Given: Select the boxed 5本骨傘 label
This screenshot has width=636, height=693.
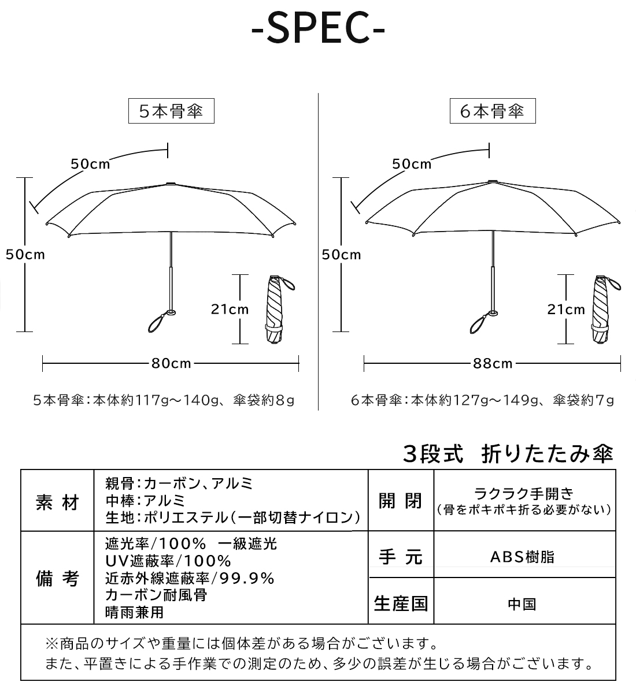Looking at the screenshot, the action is [x=171, y=111].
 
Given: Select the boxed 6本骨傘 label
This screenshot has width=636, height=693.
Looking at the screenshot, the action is [x=493, y=111].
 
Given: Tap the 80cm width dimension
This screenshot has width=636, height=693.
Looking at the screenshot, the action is [x=171, y=363].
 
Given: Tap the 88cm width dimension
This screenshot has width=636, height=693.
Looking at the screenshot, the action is [x=493, y=363].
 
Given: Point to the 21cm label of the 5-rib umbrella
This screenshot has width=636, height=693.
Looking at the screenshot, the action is [x=230, y=309].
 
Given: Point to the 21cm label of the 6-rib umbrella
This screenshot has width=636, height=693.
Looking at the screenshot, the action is [x=566, y=309].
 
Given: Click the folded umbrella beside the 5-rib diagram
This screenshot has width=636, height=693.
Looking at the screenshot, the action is [x=279, y=308].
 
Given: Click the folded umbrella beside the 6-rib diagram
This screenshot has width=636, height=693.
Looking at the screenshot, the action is [x=605, y=308].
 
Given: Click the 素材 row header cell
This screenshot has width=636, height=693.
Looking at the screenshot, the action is [x=57, y=502].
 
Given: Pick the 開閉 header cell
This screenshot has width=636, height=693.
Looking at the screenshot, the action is [x=401, y=501].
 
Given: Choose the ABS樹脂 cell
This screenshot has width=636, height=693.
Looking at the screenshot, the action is [x=524, y=557].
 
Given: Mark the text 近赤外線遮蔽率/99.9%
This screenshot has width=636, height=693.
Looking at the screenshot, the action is [x=190, y=578].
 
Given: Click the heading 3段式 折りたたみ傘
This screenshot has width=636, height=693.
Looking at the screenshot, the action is [x=508, y=454].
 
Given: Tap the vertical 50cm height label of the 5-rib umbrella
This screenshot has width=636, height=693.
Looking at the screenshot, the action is [x=25, y=255].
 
